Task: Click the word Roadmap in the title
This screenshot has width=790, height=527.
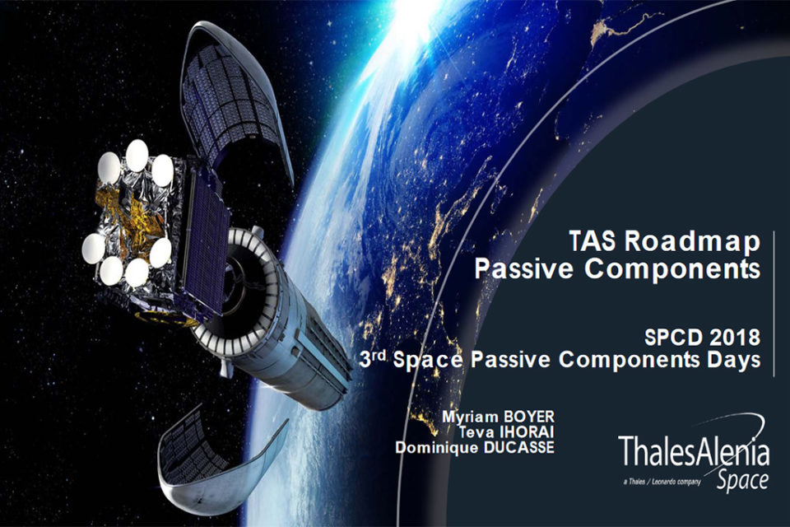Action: pos(692,241)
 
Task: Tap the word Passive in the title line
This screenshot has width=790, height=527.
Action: pos(524,268)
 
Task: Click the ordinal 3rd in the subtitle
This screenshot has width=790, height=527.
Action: pos(373,358)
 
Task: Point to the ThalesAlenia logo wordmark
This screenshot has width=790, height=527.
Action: pos(693,451)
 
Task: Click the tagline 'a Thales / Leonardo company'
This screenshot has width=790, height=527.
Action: pos(662,482)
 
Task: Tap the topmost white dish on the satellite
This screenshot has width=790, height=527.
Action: pos(137,156)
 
